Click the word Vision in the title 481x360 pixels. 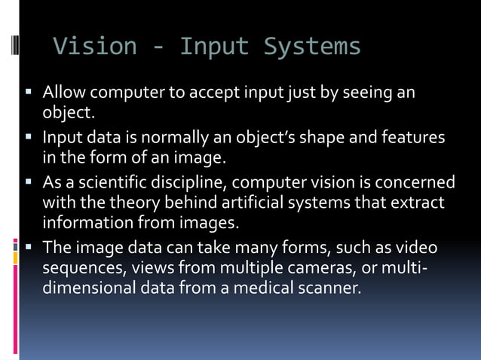point(95,47)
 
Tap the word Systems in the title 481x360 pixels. point(312,47)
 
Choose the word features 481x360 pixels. point(413,138)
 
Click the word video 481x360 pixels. point(418,248)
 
